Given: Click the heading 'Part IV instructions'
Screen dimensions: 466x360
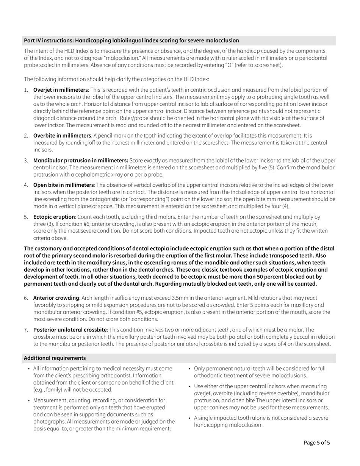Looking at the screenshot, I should pos(131,41).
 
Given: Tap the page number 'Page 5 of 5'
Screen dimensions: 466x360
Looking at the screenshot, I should pos(317,442).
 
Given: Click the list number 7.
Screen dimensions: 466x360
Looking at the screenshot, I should pos(26,330).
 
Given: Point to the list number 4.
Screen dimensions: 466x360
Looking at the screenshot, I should pos(26,185).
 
